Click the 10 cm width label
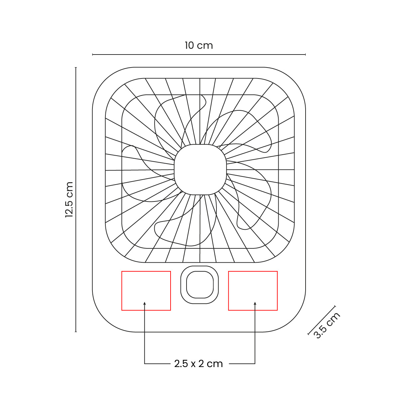point(199,45)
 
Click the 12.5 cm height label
point(69,199)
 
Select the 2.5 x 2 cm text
point(199,363)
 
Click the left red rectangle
point(146,291)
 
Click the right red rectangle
point(253,291)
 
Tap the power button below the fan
point(199,285)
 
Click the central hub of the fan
point(200,170)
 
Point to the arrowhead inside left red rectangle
point(145,303)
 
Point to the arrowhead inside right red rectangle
point(255,303)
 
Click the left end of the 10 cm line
point(93,54)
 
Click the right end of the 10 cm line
point(305,54)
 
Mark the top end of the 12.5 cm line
point(76,67)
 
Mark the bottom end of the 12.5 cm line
point(76,332)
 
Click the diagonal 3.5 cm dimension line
point(322,320)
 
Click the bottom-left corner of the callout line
point(145,363)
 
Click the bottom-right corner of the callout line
point(255,363)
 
